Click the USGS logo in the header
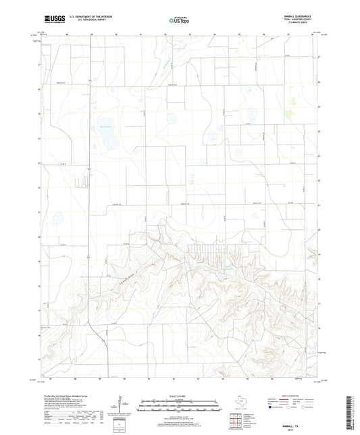point(51,21)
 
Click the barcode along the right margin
point(353,413)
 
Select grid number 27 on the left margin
point(39,65)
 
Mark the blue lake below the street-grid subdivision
point(218,275)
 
